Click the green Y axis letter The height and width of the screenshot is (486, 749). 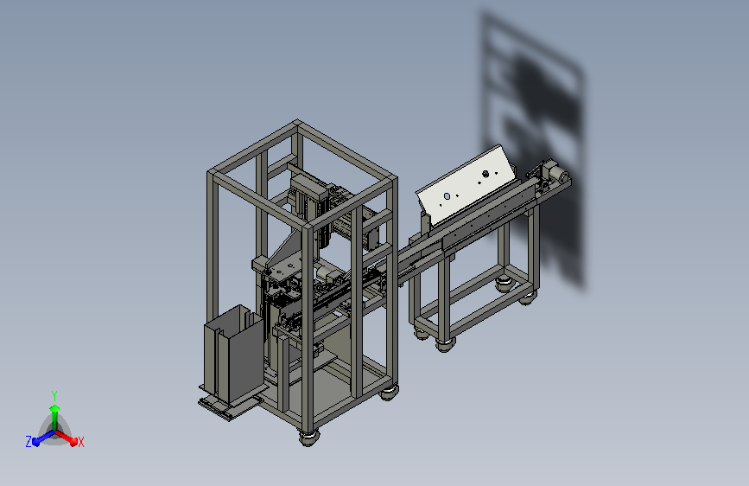(54, 395)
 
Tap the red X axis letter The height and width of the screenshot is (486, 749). (80, 442)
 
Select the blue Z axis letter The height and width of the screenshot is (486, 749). (29, 442)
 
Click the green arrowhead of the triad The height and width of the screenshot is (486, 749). (55, 408)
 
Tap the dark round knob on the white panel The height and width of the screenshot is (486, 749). (486, 174)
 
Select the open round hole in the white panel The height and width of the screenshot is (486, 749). (447, 196)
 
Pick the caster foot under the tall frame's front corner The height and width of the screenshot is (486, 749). (308, 438)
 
